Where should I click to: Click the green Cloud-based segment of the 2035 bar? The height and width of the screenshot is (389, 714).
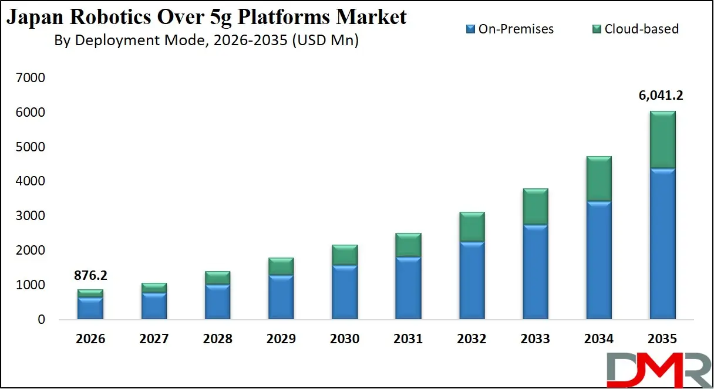pos(662,140)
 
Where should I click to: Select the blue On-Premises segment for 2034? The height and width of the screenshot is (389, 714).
pos(599,261)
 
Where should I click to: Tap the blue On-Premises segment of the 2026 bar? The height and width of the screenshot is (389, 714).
pos(90,308)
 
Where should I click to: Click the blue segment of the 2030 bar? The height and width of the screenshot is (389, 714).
pos(344,292)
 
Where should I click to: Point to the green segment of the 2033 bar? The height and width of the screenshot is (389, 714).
pos(535,207)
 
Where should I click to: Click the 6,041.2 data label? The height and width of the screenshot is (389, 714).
pos(662,96)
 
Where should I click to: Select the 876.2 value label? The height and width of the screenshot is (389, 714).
pos(90,276)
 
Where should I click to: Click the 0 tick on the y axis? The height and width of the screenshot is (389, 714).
pos(41,320)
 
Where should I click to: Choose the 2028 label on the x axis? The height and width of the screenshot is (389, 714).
pos(217,339)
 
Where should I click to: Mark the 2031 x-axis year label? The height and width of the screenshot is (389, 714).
pos(407,339)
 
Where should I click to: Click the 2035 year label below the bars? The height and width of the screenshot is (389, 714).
pos(662,339)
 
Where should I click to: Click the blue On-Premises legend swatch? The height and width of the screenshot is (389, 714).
pos(470,29)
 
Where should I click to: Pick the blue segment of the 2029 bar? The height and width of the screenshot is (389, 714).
pos(281,297)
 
